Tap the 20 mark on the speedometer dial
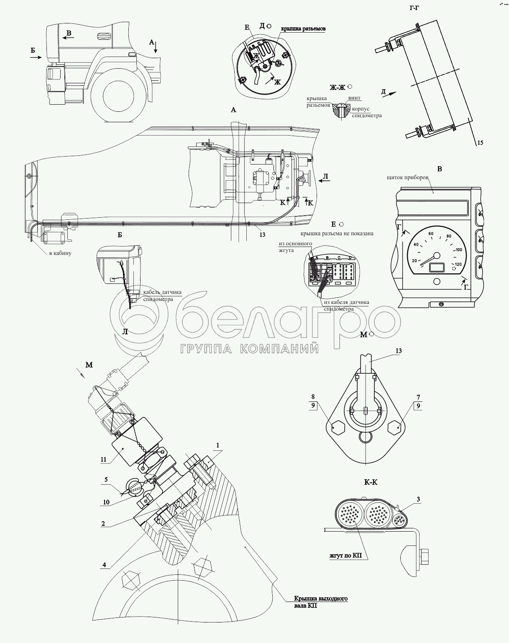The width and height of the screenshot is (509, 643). point(415,260)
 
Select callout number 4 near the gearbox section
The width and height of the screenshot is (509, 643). point(104,565)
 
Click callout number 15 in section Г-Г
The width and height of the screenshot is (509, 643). point(480,143)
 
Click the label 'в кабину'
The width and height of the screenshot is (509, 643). point(60,253)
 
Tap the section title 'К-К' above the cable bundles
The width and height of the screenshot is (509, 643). point(371,482)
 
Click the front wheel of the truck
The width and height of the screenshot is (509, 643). point(120,98)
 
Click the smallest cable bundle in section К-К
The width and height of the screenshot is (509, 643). point(399,521)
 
